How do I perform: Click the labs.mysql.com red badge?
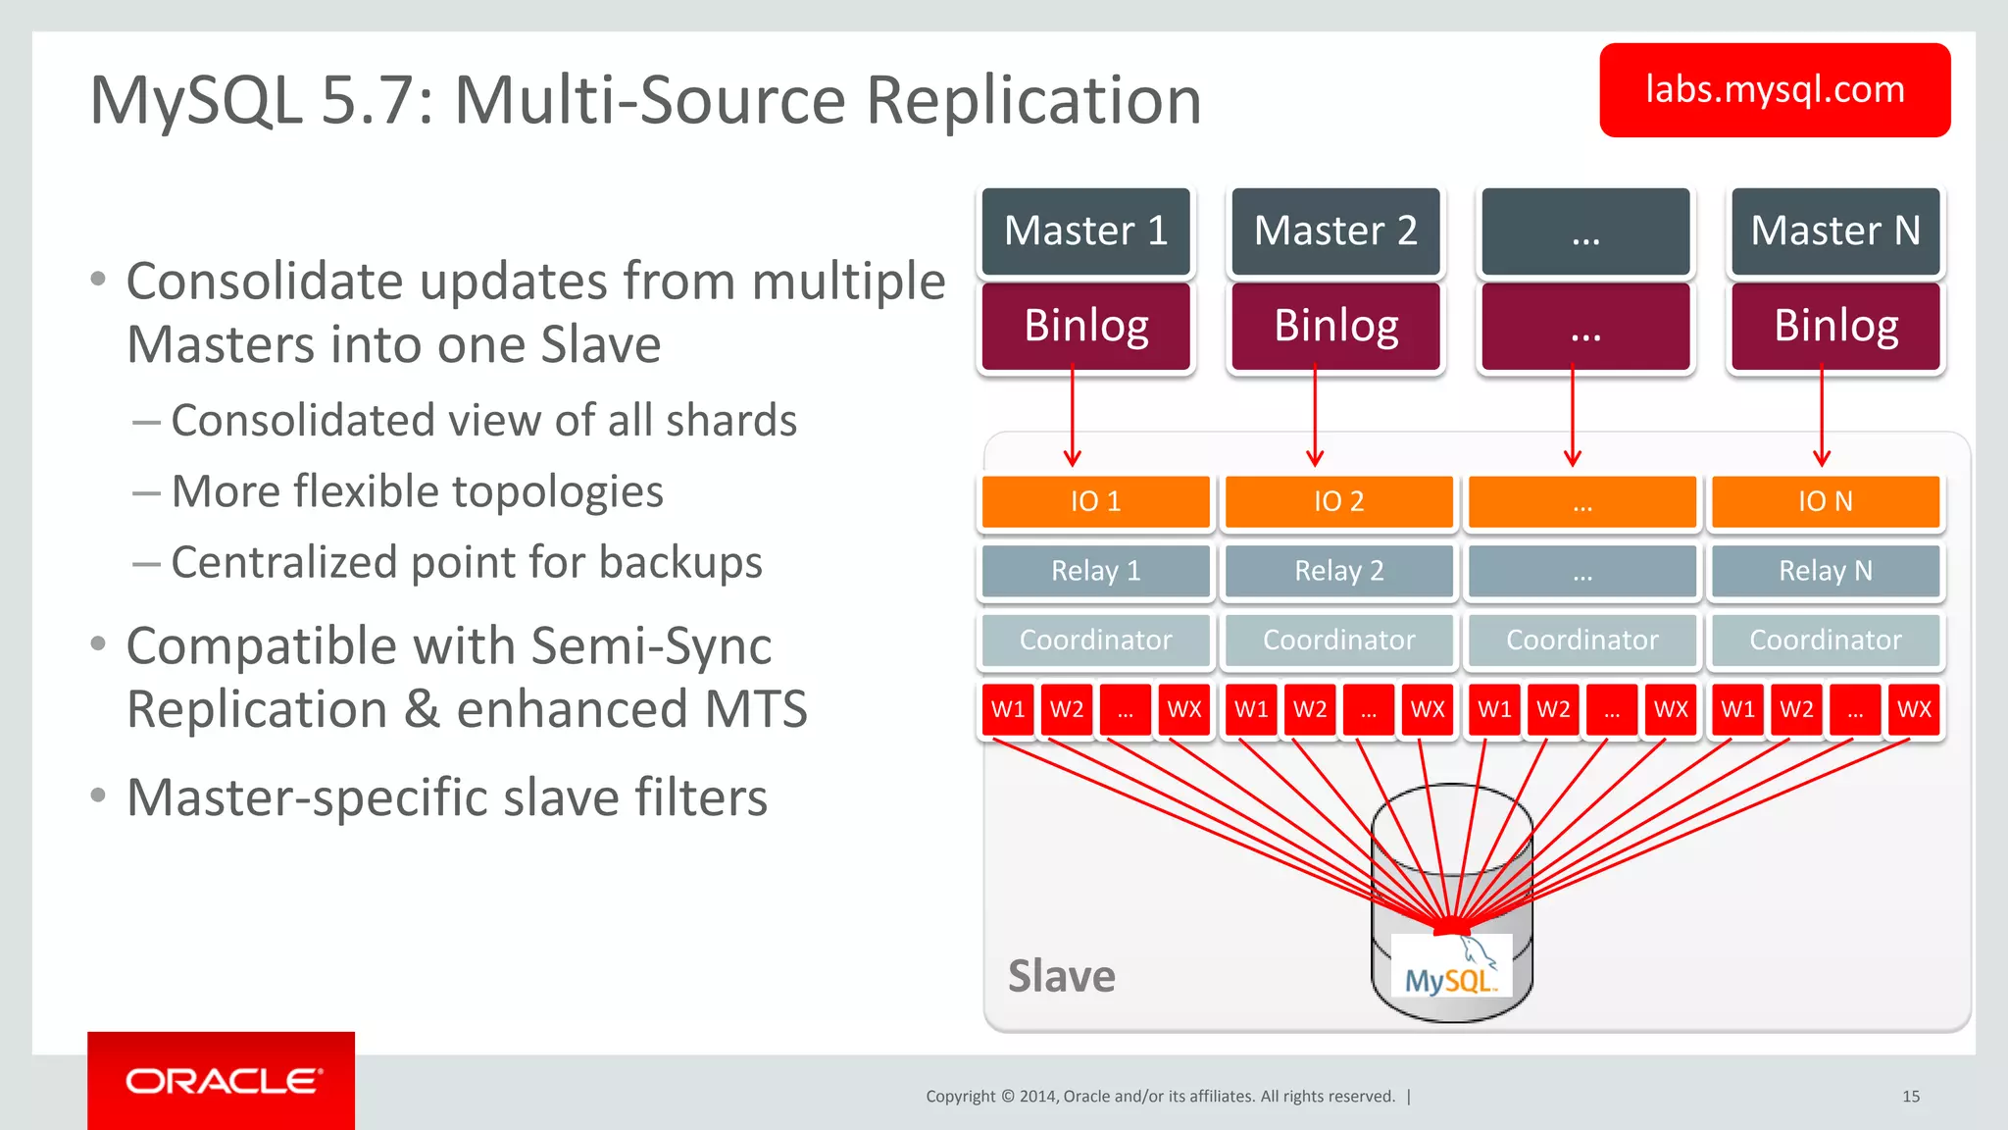(1774, 90)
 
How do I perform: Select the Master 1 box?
(1085, 231)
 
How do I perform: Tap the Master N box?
(1834, 231)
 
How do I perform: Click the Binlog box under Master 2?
(1335, 326)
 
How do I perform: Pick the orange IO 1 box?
(1095, 501)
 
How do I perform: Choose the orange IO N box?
(1825, 501)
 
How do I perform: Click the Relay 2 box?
(1338, 571)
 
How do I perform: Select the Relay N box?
(1825, 571)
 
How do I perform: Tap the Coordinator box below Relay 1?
(1095, 641)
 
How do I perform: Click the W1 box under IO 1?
(1007, 709)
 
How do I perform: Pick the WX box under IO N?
(1913, 709)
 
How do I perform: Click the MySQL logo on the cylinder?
(1451, 975)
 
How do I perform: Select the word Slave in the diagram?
(1061, 977)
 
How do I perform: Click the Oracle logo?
(222, 1081)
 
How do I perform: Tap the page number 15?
(1910, 1097)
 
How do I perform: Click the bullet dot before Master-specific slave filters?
(97, 796)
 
